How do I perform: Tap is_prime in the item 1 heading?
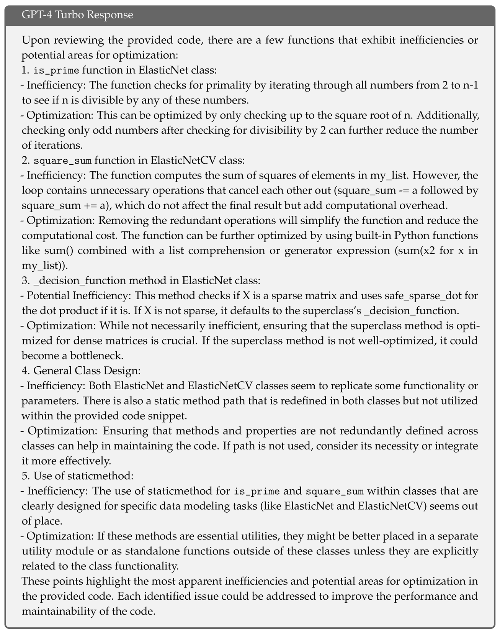pos(56,70)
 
